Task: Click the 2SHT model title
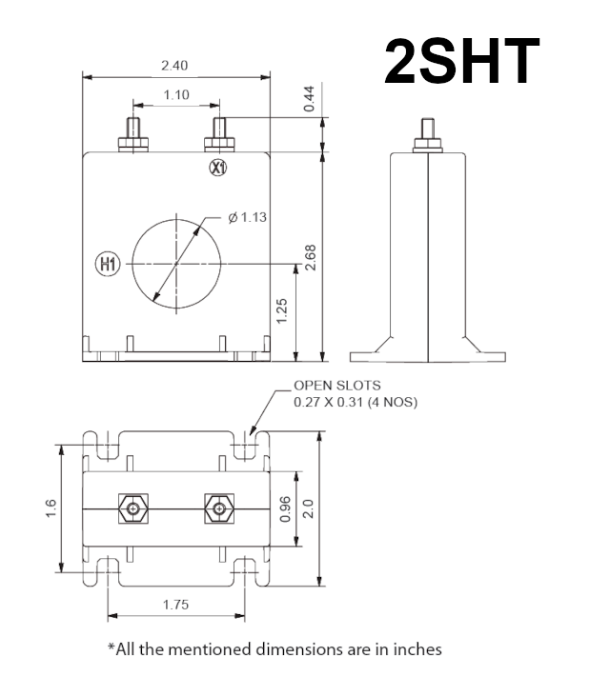click(462, 62)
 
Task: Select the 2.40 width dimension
click(174, 65)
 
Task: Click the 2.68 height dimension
click(310, 256)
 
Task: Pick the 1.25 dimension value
click(283, 309)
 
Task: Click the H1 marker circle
click(108, 264)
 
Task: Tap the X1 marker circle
click(218, 169)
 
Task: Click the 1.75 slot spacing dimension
click(175, 604)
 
